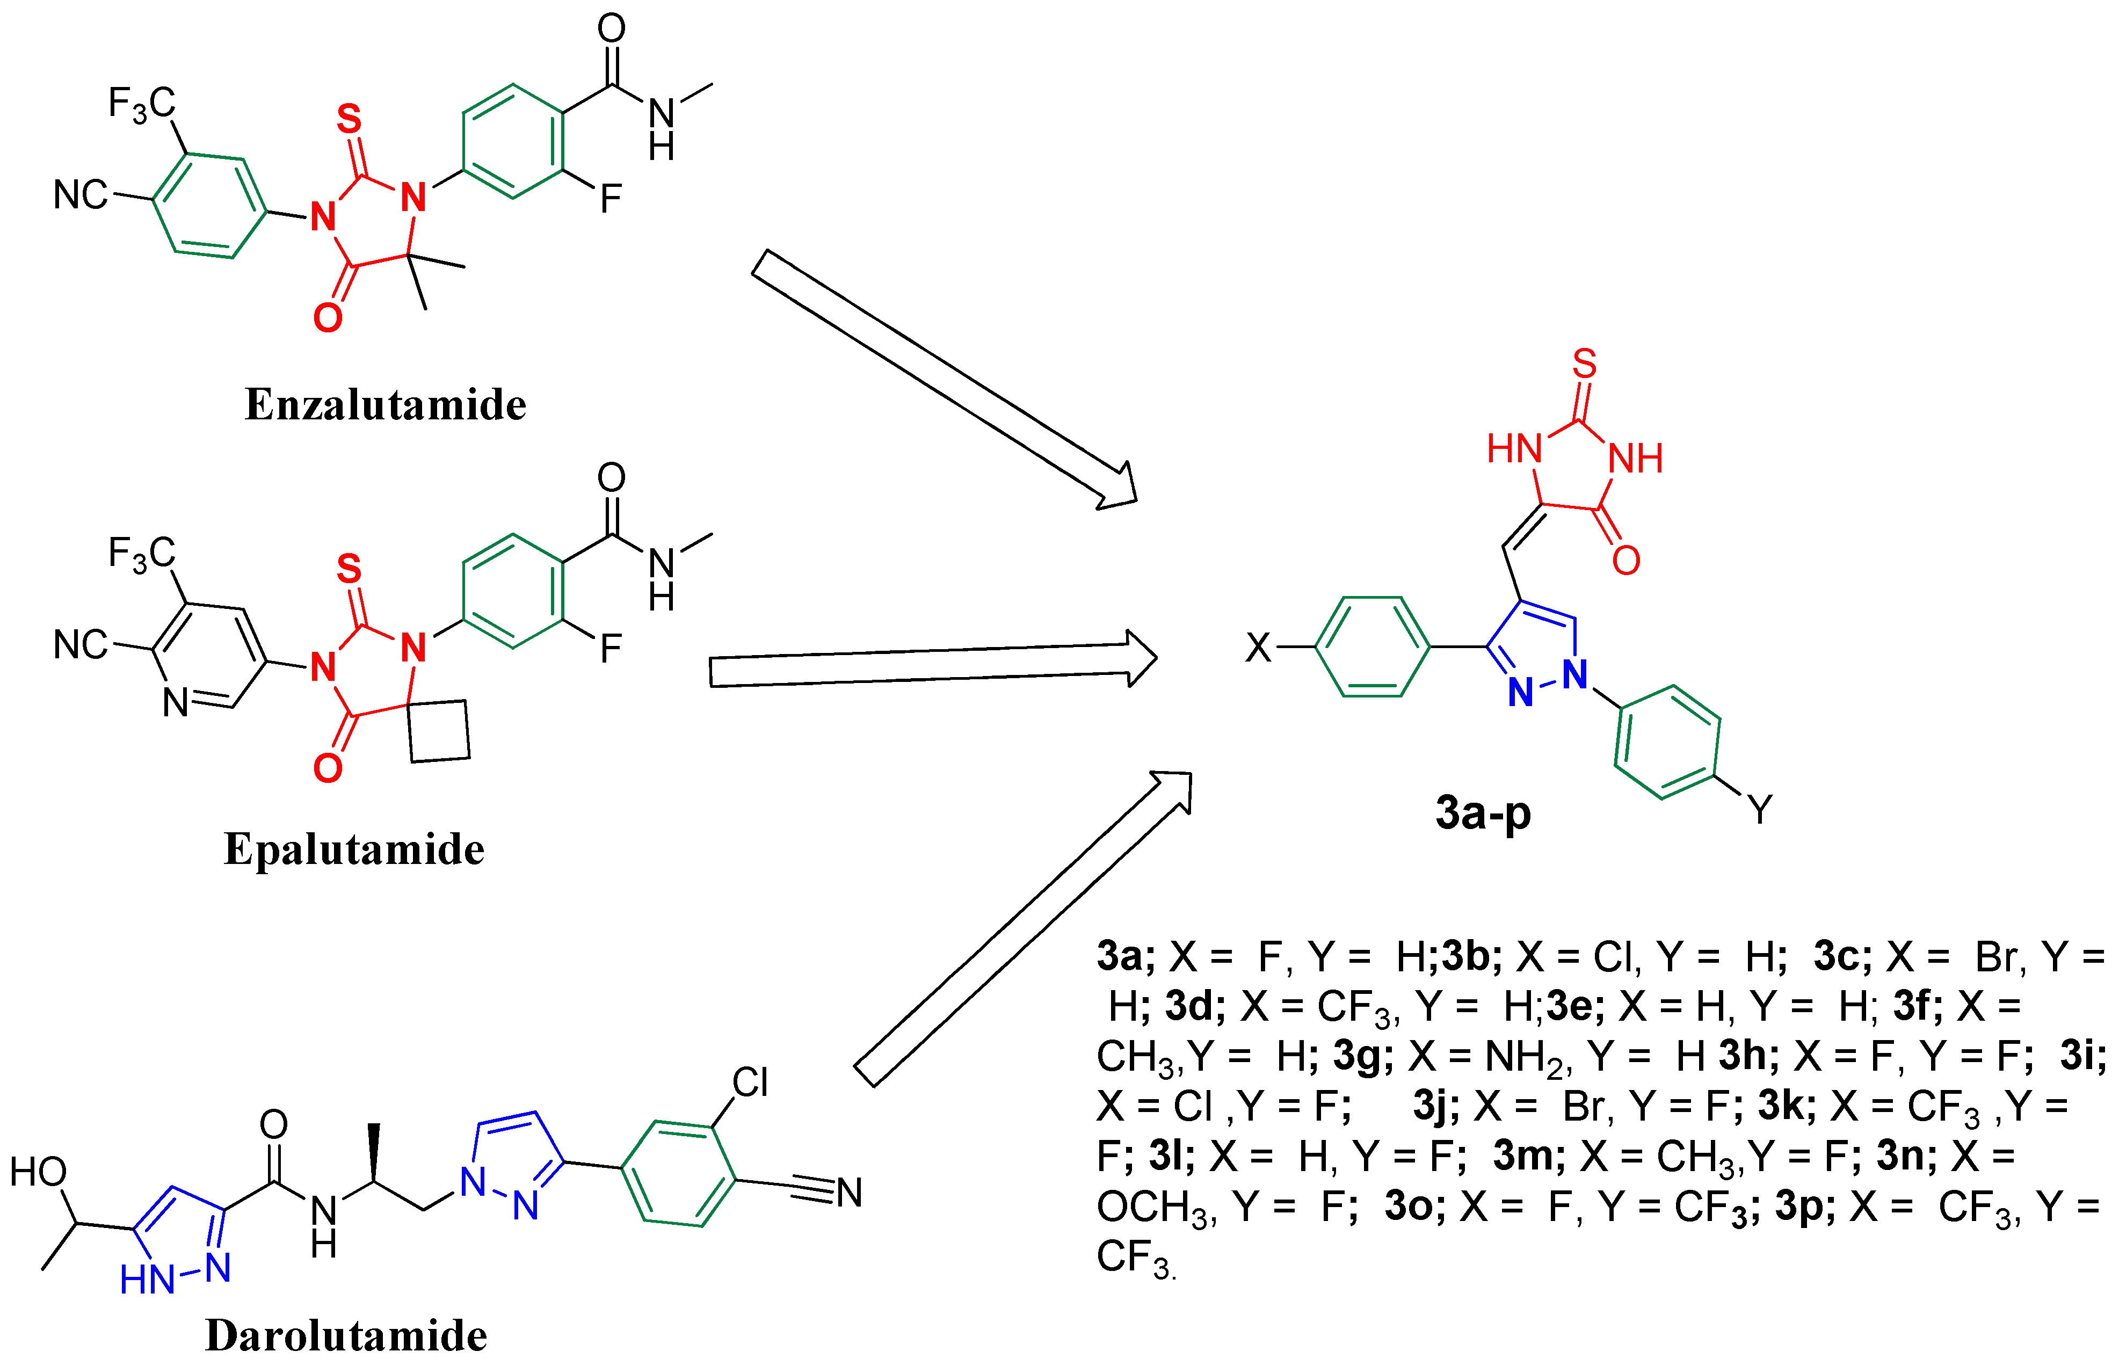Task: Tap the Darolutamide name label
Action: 346,1335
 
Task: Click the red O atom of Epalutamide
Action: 327,768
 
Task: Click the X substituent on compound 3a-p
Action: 1258,648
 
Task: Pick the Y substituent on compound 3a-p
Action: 1759,809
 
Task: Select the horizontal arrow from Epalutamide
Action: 931,659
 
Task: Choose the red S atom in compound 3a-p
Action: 1584,364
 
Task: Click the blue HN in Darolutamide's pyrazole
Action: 147,1280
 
